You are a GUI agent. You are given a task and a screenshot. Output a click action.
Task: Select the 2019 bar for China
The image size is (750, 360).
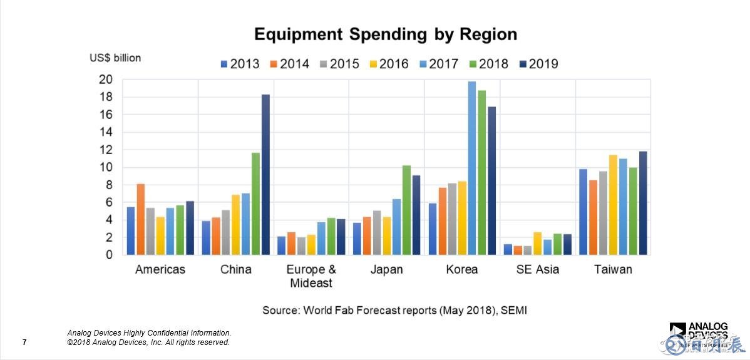(265, 175)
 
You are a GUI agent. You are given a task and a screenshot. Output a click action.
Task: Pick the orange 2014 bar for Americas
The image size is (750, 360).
(141, 219)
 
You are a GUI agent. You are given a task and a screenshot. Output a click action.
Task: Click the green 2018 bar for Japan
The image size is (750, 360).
(406, 210)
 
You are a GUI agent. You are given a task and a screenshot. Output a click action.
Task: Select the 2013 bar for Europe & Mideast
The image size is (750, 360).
(282, 245)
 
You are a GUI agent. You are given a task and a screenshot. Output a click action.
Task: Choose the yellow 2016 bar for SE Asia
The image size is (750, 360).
(538, 244)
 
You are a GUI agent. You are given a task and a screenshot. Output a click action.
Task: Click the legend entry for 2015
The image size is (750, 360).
(339, 64)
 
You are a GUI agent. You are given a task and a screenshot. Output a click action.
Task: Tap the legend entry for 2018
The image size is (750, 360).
(488, 64)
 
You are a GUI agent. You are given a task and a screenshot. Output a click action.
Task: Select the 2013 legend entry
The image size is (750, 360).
(239, 64)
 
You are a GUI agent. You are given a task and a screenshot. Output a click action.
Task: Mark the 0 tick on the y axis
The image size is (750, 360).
(109, 255)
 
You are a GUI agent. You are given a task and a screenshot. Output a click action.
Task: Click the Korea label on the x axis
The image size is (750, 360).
(462, 270)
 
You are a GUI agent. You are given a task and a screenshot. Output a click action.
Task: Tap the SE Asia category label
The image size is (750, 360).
(538, 270)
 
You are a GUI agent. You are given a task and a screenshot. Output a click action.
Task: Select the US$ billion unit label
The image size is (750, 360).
(115, 58)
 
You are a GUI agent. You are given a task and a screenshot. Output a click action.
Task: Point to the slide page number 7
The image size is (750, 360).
(24, 342)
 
